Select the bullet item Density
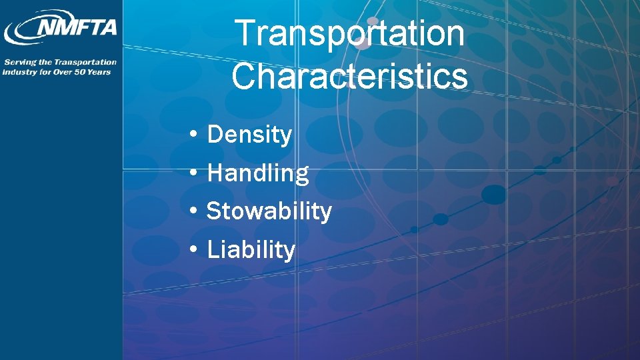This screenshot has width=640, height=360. [250, 135]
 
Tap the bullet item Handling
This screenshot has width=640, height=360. [258, 174]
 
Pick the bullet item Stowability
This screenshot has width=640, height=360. [269, 212]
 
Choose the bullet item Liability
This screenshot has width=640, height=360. [251, 251]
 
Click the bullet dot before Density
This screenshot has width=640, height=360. [192, 135]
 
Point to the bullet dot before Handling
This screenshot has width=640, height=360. [192, 174]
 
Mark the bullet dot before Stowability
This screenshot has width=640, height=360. [192, 212]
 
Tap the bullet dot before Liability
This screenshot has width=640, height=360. [192, 251]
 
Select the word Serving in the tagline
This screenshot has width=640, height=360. [18, 63]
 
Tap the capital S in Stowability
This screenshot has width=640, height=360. [214, 212]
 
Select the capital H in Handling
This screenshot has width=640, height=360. [216, 174]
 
